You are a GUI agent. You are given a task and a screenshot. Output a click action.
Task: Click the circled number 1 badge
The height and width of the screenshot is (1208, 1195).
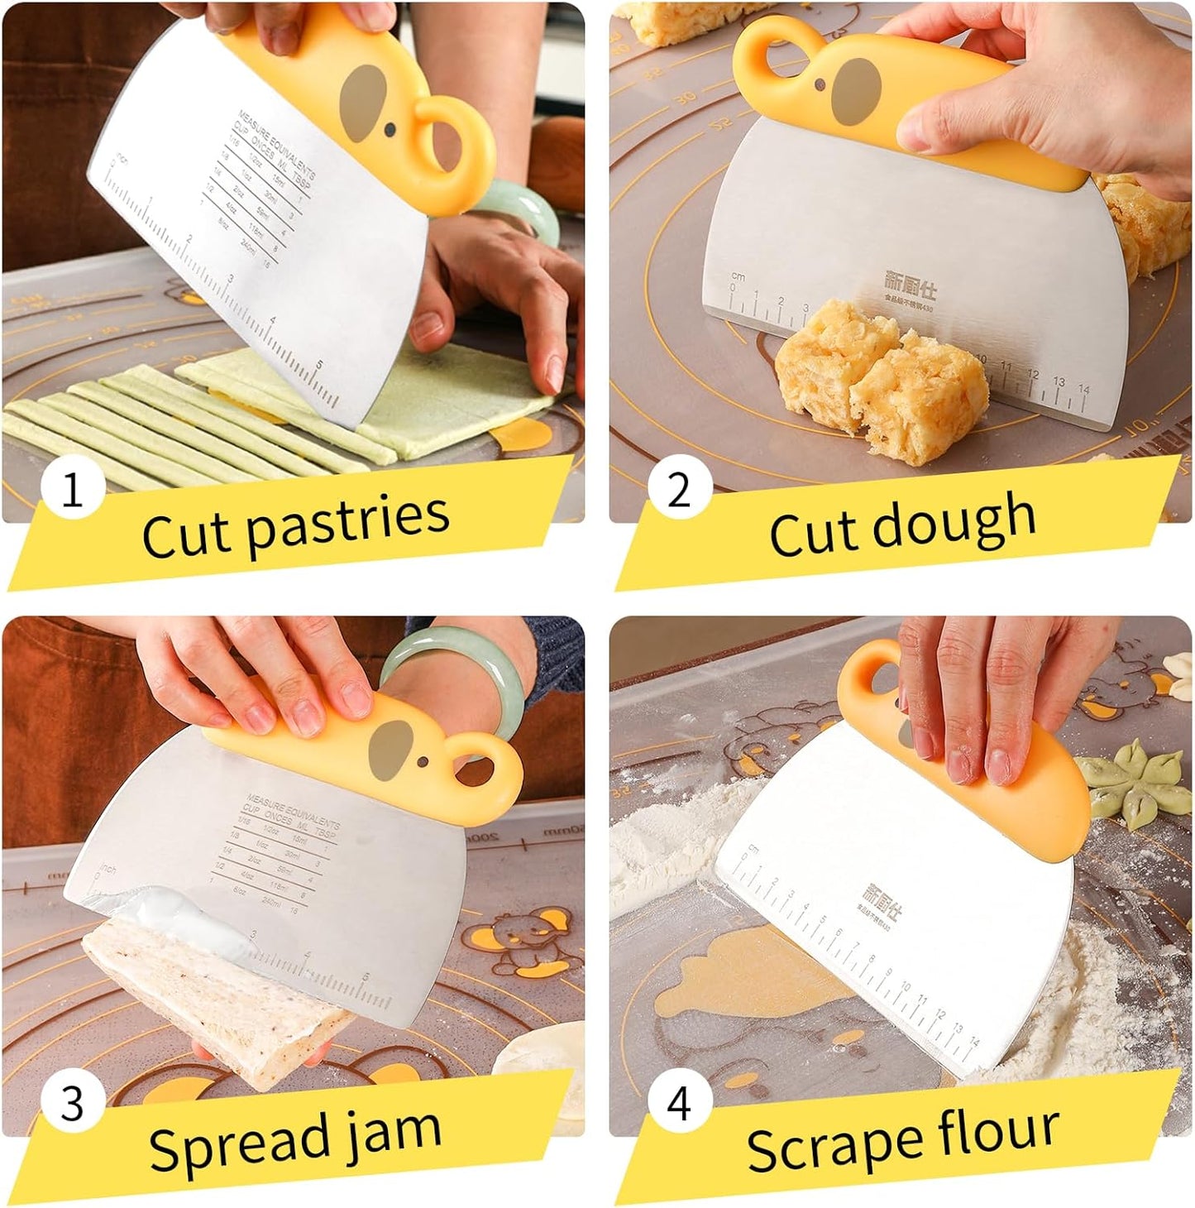click(x=73, y=491)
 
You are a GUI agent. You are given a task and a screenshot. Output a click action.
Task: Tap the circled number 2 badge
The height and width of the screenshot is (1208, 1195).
click(x=679, y=490)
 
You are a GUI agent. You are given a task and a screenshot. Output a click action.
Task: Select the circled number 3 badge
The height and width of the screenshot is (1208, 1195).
click(x=73, y=1104)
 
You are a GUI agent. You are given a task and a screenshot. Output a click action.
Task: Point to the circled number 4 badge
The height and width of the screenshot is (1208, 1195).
click(x=679, y=1104)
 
